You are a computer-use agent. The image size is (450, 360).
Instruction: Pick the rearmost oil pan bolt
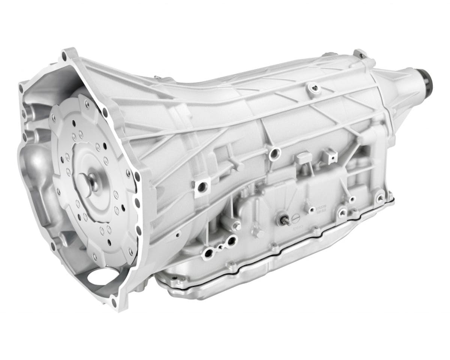[380, 197]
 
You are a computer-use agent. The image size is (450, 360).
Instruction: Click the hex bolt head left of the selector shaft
[237, 226]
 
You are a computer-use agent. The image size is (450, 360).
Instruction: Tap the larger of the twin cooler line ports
[231, 240]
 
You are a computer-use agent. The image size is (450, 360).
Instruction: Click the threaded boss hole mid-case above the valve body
[275, 153]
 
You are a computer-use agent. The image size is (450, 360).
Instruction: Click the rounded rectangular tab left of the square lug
[303, 157]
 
